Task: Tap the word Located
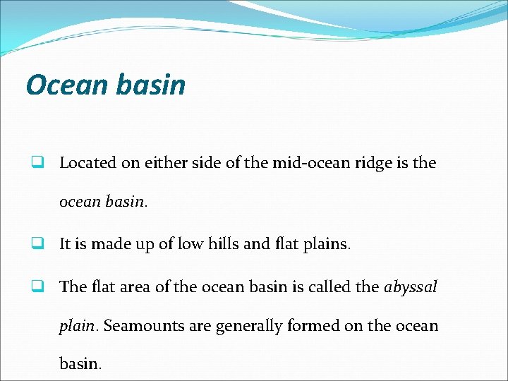(87, 162)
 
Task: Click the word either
(163, 162)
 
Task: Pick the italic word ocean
(78, 202)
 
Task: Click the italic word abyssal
(411, 286)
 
